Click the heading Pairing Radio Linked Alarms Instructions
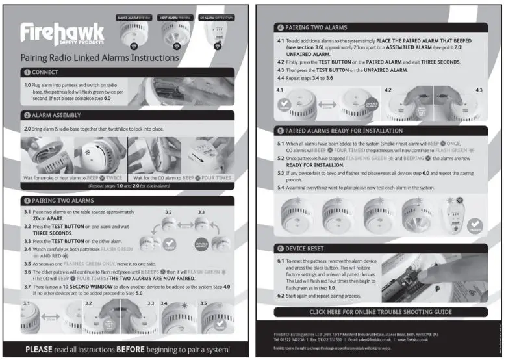(x=100, y=58)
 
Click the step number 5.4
(x=281, y=187)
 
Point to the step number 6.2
(x=281, y=296)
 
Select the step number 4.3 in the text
(x=281, y=70)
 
